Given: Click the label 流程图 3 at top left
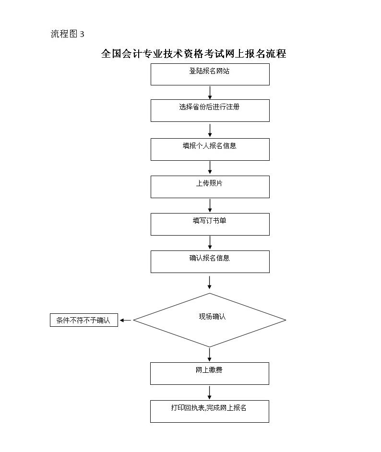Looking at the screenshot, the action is (x=68, y=34).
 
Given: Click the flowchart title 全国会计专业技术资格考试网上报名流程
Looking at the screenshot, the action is (x=194, y=54).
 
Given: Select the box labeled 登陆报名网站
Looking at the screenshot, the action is (x=210, y=74).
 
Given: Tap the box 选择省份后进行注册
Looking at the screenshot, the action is (x=210, y=111).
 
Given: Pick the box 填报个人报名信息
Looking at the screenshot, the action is (x=210, y=149).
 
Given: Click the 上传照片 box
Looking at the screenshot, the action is (x=210, y=187).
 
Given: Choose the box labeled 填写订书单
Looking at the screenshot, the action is (x=210, y=224).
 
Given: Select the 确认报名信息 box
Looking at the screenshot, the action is (x=210, y=262).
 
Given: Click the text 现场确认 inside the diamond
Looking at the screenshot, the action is (x=213, y=317).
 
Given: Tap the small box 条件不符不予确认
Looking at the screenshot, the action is (x=84, y=320).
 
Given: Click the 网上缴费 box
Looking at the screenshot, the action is (x=210, y=374).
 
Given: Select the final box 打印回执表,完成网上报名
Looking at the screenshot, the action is (x=210, y=411).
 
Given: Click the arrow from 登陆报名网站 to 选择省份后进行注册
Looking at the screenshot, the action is (x=210, y=93).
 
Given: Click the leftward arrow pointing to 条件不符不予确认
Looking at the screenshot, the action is (x=125, y=320).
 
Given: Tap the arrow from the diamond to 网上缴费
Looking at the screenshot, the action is (x=210, y=355).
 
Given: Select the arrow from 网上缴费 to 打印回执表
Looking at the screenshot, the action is (x=210, y=393).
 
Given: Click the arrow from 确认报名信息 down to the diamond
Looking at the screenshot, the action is (x=210, y=283).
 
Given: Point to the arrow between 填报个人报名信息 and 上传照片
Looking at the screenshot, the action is (x=210, y=167).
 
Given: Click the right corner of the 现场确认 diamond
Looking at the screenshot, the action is (x=286, y=320).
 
